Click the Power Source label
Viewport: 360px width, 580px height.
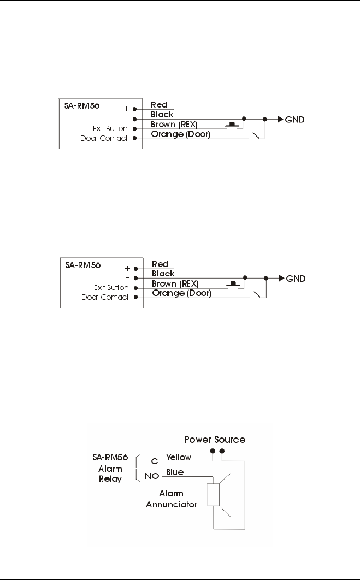215,439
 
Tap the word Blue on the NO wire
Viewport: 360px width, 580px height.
175,472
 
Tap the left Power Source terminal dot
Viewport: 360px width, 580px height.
212,452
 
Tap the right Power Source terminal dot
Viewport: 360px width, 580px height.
221,452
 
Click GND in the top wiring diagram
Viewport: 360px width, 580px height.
296,119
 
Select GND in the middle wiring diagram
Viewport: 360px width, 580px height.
296,278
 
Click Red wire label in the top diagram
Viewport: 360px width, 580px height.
160,104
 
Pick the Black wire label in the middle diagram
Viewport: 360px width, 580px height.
163,273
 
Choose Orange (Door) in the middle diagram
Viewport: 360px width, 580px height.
181,293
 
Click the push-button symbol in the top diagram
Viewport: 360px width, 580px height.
234,125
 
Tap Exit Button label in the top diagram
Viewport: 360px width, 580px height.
110,129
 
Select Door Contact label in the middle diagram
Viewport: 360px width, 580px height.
105,298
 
